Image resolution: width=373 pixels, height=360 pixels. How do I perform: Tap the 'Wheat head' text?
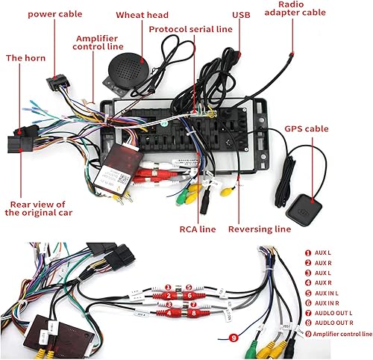point(142,15)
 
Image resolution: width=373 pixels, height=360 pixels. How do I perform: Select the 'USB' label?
point(241,15)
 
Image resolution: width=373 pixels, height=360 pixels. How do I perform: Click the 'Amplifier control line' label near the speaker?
point(98,41)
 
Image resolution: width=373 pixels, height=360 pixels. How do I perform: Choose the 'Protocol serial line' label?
point(190,29)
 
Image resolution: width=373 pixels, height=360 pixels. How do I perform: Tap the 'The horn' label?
point(24,58)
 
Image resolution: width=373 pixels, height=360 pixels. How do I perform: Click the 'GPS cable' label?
point(307,128)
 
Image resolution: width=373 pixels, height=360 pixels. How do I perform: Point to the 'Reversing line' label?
point(259,229)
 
